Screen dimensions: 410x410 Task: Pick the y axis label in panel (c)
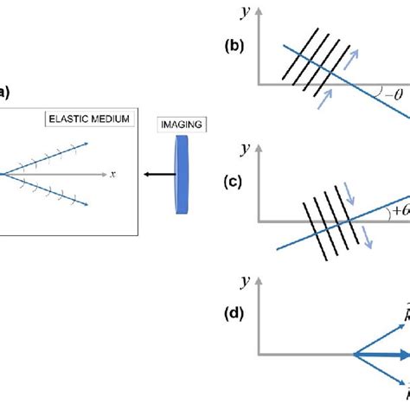[x=247, y=149]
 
